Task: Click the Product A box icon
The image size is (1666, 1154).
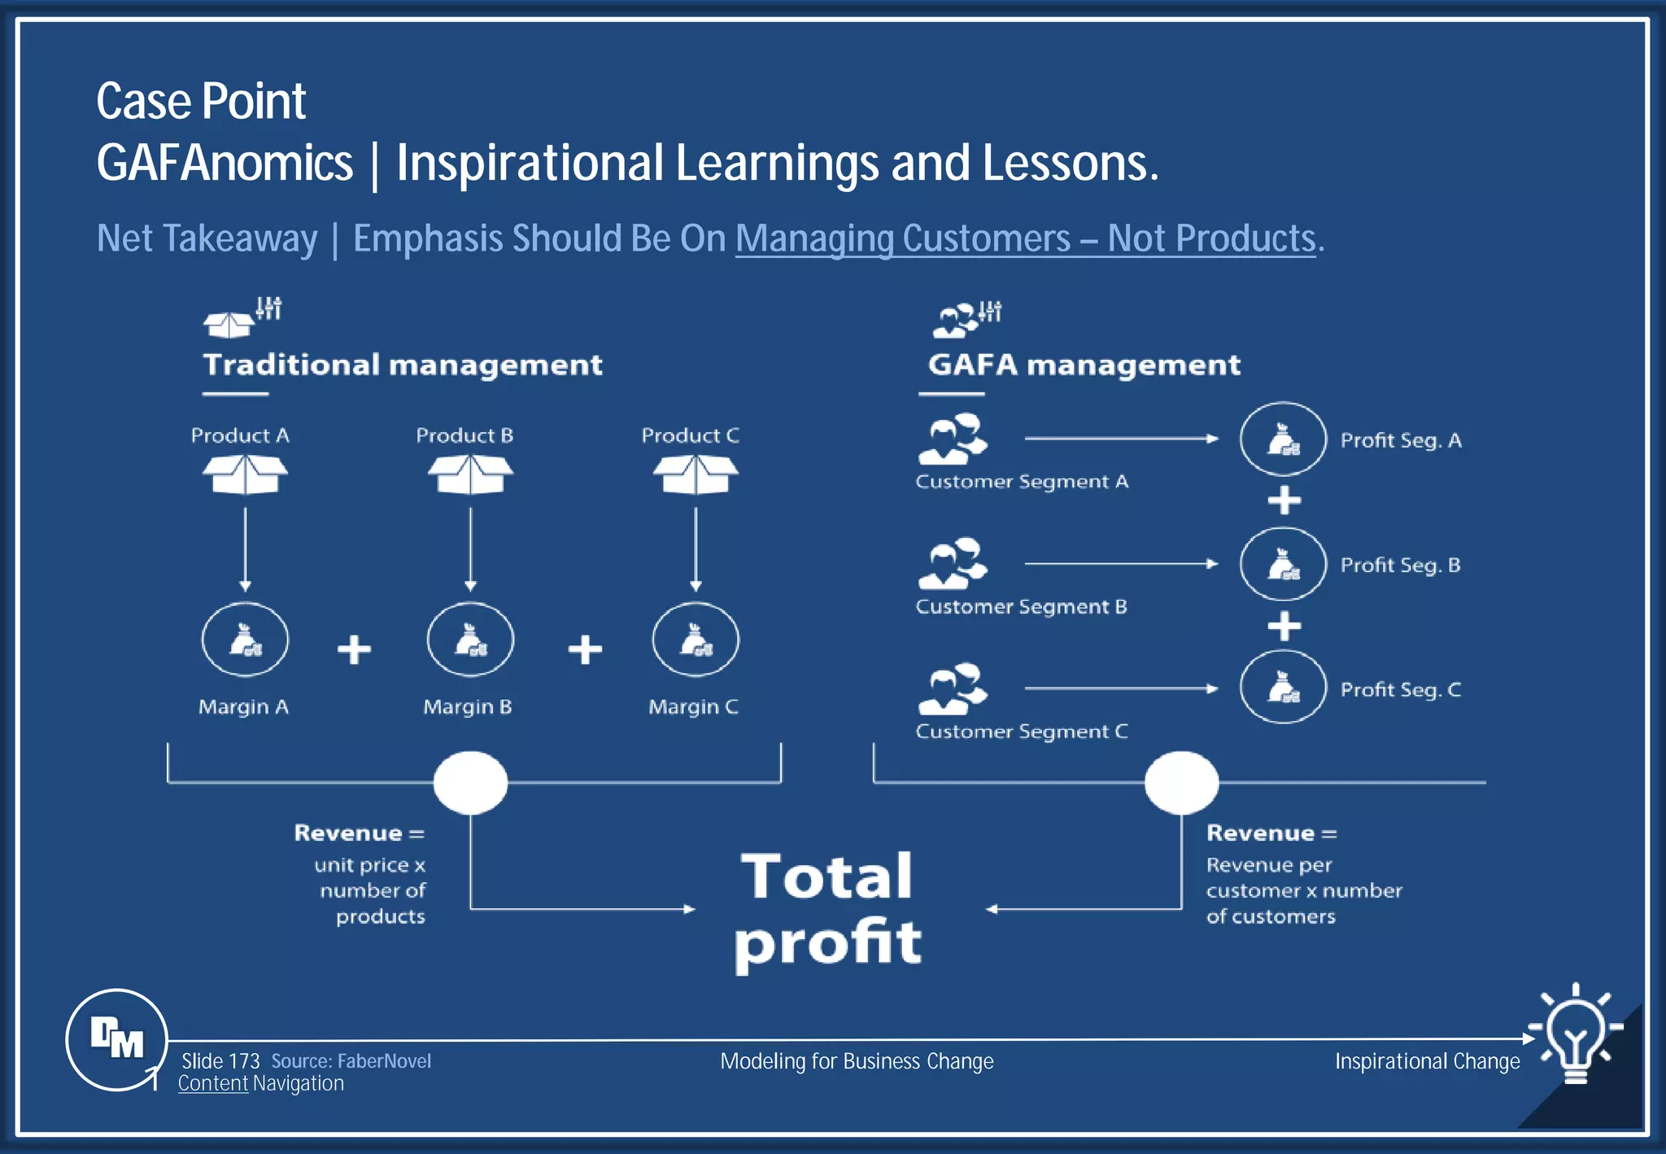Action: click(245, 474)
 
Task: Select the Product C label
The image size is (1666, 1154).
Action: click(690, 436)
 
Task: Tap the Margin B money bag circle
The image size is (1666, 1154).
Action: click(470, 640)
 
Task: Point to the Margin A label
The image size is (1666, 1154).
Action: click(243, 706)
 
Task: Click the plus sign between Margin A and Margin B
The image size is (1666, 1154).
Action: click(354, 649)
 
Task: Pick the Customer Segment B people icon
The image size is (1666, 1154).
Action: click(953, 563)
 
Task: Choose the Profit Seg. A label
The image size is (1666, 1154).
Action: click(1400, 440)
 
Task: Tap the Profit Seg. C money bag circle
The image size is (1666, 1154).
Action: click(1283, 688)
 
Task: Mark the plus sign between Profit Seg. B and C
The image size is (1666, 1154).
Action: click(1284, 626)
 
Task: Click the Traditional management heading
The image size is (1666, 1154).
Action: click(403, 365)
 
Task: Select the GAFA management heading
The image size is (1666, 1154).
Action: click(1084, 365)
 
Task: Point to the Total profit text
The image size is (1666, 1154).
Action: click(827, 909)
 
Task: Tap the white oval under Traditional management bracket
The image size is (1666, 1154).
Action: click(470, 783)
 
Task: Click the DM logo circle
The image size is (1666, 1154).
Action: click(116, 1039)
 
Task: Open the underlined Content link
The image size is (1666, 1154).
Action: click(212, 1084)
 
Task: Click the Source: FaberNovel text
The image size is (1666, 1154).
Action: click(351, 1061)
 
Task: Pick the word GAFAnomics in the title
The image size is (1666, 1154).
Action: click(225, 163)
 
